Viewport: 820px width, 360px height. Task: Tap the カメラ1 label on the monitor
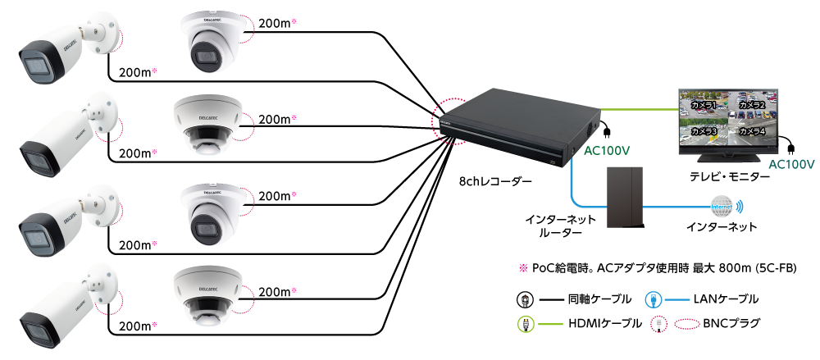tap(704, 106)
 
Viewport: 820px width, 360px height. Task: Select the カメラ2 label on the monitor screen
tap(751, 105)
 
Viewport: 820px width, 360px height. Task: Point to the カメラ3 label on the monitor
tap(704, 131)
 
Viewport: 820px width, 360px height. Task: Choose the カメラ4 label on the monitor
tap(751, 131)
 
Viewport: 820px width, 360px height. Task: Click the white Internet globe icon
tap(721, 207)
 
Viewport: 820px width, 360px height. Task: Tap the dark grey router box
tap(625, 198)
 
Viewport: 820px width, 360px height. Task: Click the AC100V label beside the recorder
tap(606, 152)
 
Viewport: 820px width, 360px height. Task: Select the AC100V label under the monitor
tap(791, 165)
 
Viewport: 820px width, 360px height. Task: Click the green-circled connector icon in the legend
tap(526, 323)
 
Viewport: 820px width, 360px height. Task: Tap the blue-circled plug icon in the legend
tap(653, 299)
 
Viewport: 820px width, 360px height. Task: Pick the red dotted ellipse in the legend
tap(687, 324)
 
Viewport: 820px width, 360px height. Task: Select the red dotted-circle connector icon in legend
tap(657, 324)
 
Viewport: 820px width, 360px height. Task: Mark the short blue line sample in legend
tap(677, 299)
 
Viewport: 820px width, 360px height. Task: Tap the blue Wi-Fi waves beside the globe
tap(740, 207)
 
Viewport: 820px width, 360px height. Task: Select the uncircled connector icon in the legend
tap(525, 300)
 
